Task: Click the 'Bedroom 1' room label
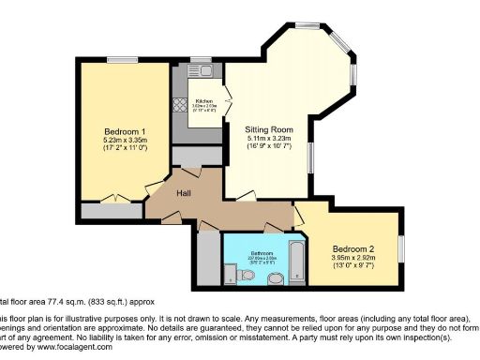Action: pos(124,130)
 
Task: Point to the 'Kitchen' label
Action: pos(203,101)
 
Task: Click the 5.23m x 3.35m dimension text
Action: pos(124,140)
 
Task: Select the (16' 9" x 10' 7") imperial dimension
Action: pos(269,147)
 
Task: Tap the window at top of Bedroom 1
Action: pos(122,62)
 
